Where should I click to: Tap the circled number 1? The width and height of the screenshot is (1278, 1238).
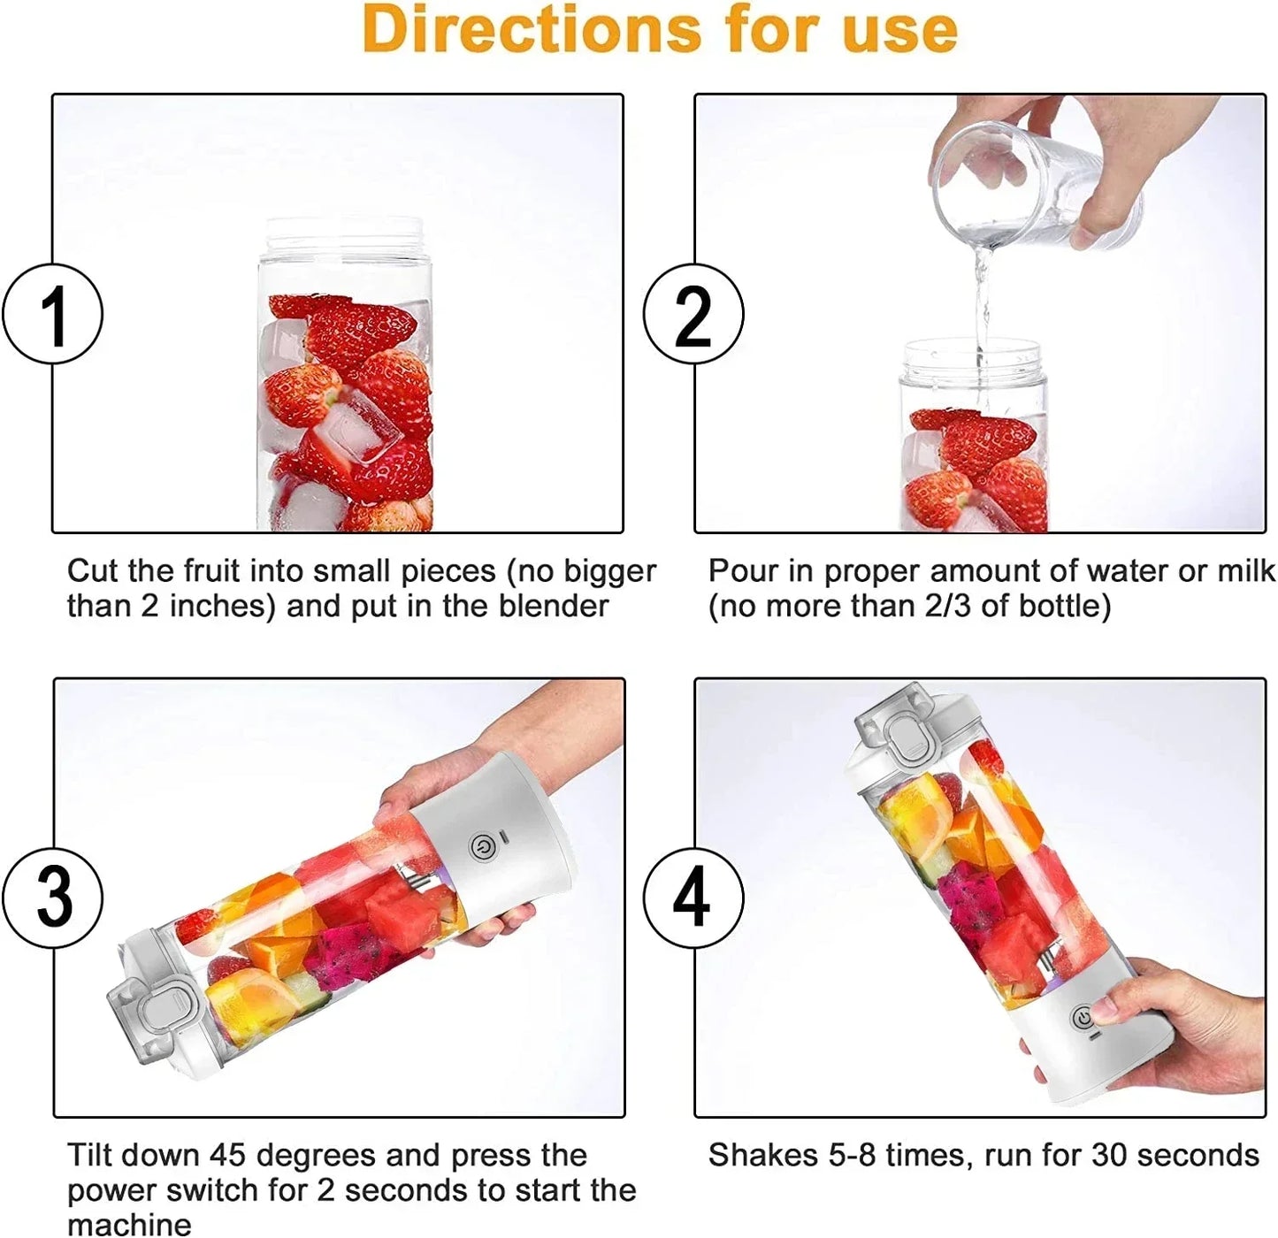point(53,315)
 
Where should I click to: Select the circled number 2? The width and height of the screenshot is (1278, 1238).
point(693,315)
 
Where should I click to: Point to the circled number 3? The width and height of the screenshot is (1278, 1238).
point(53,897)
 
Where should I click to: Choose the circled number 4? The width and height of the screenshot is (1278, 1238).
point(693,897)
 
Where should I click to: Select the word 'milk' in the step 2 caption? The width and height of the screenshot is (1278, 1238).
point(1246,572)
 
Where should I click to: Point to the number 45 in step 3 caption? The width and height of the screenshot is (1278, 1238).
point(228,1156)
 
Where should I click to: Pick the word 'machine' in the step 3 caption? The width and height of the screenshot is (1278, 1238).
point(129,1225)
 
